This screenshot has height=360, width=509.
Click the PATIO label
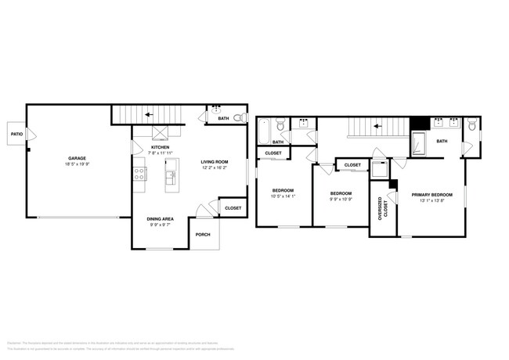pos(16,134)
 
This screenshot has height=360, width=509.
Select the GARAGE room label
pos(76,158)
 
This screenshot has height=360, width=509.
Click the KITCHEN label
pos(161,146)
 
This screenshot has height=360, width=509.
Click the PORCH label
pos(203,234)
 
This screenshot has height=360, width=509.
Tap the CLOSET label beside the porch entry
pos(233,208)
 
